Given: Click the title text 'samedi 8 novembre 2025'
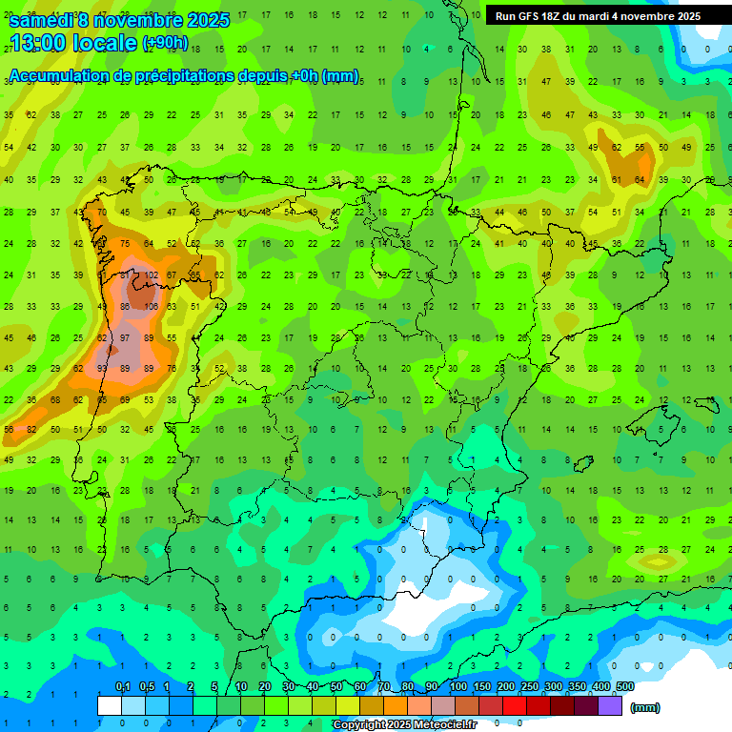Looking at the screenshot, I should [x=119, y=20].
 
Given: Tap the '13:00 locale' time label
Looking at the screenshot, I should [x=74, y=43].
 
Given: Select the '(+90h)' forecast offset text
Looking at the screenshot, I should [x=165, y=43].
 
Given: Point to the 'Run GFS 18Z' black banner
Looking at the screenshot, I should [x=598, y=16].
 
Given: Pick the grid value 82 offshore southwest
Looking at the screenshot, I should [x=31, y=430].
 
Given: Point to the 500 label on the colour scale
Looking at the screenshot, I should [x=625, y=687].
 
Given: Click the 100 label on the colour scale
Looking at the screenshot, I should [x=458, y=687].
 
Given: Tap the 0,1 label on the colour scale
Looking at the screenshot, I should [x=123, y=687].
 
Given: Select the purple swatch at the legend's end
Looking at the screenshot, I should [x=610, y=705].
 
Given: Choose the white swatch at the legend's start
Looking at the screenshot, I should [x=110, y=705].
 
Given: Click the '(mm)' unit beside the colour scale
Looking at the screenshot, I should [x=645, y=707].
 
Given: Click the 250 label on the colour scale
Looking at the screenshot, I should [x=530, y=687].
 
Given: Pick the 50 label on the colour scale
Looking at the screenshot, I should [x=336, y=687].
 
